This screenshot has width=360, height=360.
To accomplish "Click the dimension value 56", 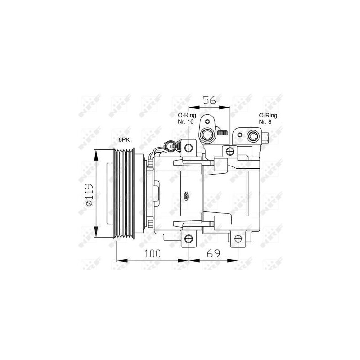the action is point(209,100).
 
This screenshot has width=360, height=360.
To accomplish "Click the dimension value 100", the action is point(153,254).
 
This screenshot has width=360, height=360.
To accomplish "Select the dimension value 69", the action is point(213,253).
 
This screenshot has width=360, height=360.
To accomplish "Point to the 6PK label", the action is point(124,140).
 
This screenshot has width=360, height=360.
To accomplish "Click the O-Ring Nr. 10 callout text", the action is point(187,118).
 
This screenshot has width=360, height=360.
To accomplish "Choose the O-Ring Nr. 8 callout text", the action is point(268,118).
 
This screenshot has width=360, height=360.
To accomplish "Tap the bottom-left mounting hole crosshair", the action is point(189,239).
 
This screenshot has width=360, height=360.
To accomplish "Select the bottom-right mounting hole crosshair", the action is point(238,239).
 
